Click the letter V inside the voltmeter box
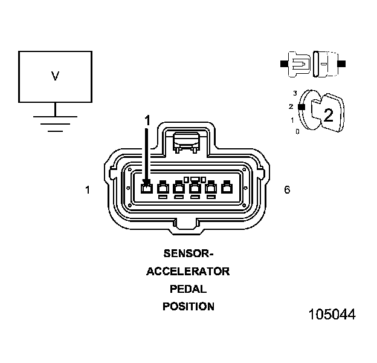pos(55,76)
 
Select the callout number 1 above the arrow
pos(147,120)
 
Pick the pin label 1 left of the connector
pos(88,190)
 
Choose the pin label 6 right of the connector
pos(287,190)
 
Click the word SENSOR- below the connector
pos(188,253)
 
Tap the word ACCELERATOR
pos(188,271)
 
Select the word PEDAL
pos(188,289)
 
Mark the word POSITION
pos(188,306)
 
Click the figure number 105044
pos(332,315)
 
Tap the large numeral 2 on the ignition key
pos(328,116)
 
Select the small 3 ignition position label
pos(295,93)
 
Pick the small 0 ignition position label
pos(297,131)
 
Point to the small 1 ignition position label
pos(292,119)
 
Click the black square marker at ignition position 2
pos(300,106)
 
